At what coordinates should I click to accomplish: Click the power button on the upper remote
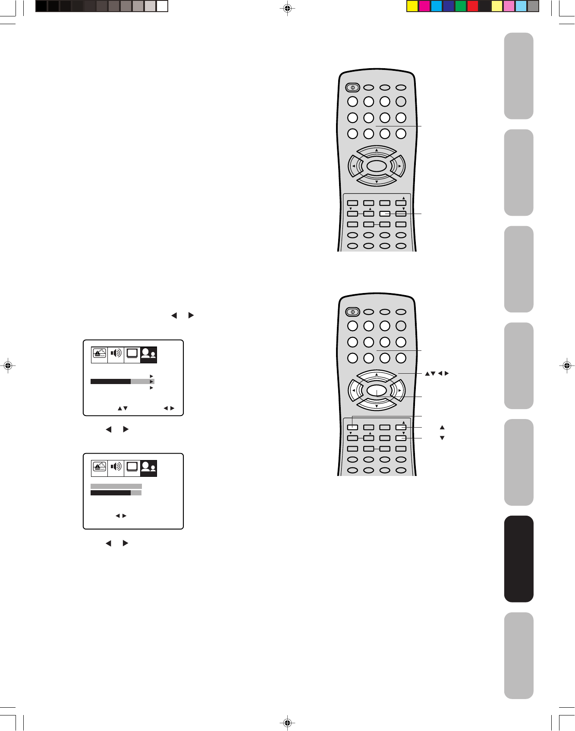[x=352, y=88]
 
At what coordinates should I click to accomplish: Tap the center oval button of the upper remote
[x=376, y=166]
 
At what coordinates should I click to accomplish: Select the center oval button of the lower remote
[x=376, y=391]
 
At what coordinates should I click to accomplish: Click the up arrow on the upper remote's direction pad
[x=377, y=151]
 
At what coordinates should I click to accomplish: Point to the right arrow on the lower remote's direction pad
[x=399, y=391]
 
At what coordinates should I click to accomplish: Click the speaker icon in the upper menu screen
[x=116, y=354]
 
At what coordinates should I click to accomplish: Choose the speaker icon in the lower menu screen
[x=116, y=467]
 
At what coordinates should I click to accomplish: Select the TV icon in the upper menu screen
[x=132, y=354]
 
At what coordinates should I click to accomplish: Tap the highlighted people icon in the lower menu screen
[x=148, y=468]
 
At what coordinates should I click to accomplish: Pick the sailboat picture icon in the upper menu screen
[x=100, y=354]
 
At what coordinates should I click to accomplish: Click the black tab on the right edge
[x=518, y=558]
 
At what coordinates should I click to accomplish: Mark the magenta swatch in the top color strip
[x=424, y=6]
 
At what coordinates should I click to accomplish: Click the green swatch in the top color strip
[x=461, y=6]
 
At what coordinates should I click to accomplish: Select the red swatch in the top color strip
[x=473, y=6]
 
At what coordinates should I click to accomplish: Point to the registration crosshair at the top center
[x=287, y=8]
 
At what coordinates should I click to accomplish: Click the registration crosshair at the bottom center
[x=287, y=722]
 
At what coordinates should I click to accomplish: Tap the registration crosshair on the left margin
[x=7, y=365]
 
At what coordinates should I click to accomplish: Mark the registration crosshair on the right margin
[x=567, y=365]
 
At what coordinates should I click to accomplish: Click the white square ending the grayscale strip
[x=162, y=6]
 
